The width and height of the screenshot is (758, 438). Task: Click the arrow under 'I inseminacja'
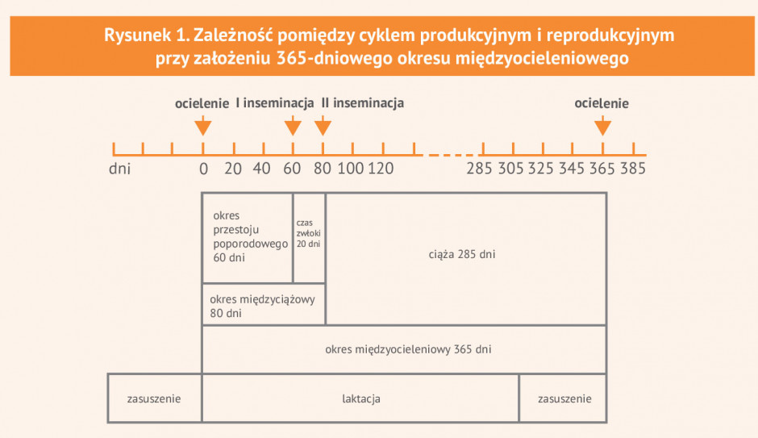(x=293, y=126)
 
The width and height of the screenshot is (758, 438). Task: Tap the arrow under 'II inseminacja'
(x=323, y=126)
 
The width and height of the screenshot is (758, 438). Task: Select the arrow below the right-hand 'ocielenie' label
(x=602, y=126)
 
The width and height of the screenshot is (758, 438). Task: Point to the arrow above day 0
(x=203, y=126)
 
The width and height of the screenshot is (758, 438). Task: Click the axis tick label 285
(x=479, y=169)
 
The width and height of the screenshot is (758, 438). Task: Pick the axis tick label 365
(x=602, y=169)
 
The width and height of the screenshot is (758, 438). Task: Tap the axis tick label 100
(x=351, y=169)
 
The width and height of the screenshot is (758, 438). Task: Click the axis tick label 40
(x=261, y=169)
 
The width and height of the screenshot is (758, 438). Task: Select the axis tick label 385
(x=633, y=169)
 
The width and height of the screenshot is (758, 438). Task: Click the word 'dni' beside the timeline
(x=120, y=169)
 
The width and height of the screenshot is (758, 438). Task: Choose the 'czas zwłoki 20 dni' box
(x=310, y=238)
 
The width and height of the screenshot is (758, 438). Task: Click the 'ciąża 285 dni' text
(x=462, y=254)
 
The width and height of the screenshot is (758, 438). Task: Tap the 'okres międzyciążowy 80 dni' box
(x=264, y=304)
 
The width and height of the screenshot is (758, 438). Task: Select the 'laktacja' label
(x=361, y=398)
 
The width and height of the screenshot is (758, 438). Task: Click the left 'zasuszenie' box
(x=154, y=398)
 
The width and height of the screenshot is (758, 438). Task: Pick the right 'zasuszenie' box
(x=563, y=398)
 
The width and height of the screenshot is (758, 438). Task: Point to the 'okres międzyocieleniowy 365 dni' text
(x=408, y=349)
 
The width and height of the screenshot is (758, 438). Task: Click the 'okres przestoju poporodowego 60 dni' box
(x=248, y=238)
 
